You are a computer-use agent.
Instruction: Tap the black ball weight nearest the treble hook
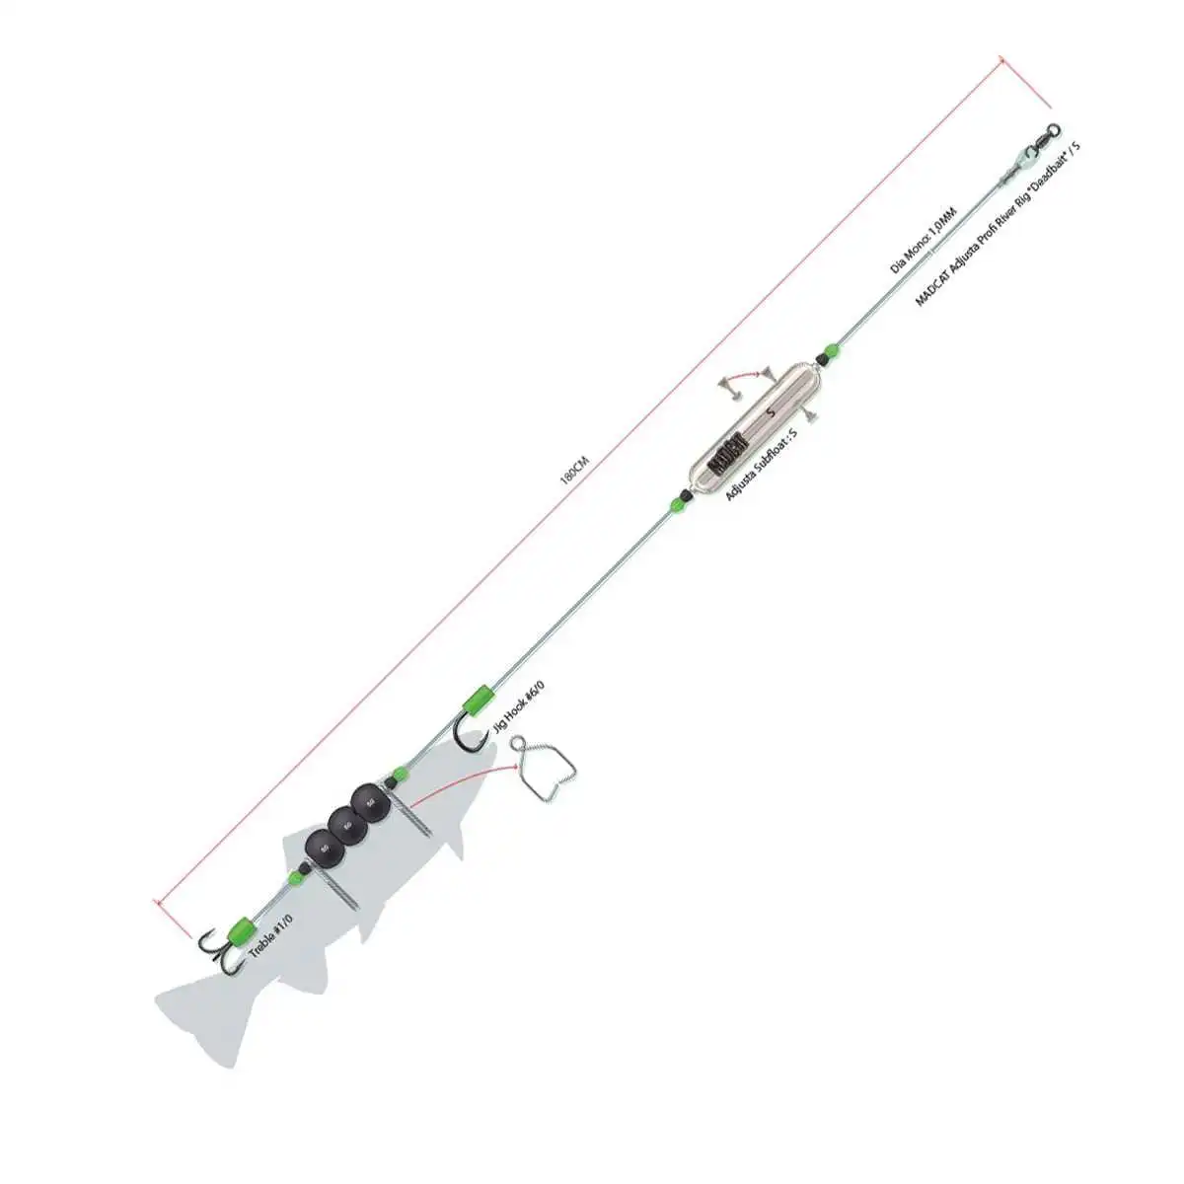point(320,845)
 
